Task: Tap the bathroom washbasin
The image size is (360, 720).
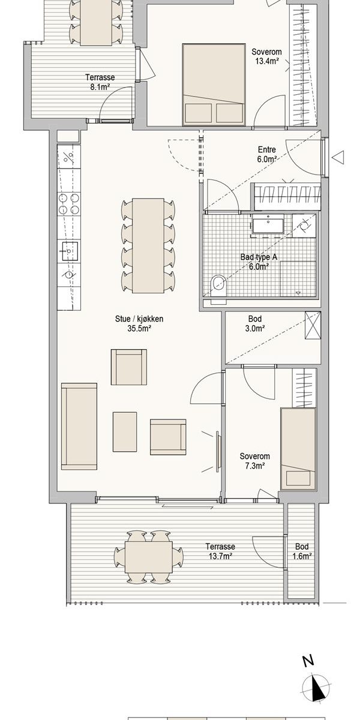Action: click(268, 226)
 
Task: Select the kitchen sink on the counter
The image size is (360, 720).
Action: click(69, 251)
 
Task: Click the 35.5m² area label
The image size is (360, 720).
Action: click(139, 329)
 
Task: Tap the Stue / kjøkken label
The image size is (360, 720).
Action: click(139, 319)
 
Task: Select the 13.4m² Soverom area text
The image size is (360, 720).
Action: click(267, 61)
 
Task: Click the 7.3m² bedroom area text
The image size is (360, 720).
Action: click(255, 466)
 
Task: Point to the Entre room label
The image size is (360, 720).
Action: click(267, 149)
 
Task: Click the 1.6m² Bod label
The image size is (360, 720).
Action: click(302, 556)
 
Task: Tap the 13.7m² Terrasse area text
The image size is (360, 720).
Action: click(221, 556)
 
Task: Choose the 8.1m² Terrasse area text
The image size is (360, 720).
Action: click(100, 87)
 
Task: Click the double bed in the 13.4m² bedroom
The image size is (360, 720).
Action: click(214, 84)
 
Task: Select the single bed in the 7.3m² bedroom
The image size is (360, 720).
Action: click(298, 449)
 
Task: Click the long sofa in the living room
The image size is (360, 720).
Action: click(79, 426)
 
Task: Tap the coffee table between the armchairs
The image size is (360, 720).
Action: click(125, 431)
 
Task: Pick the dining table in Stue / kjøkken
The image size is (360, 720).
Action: click(148, 245)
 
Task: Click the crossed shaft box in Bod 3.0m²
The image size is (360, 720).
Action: click(313, 325)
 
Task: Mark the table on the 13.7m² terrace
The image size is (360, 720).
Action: click(149, 557)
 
